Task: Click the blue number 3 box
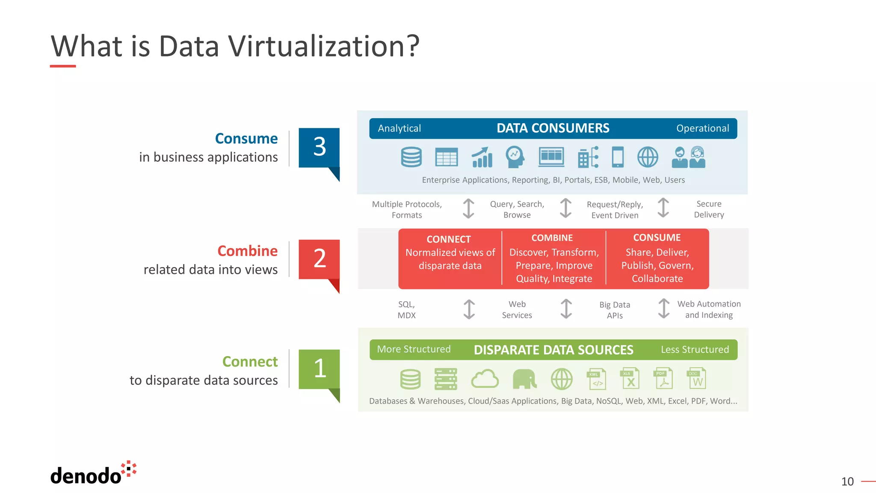(x=319, y=147)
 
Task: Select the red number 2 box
(x=319, y=259)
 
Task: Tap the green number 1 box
(x=319, y=369)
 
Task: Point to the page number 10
(x=847, y=481)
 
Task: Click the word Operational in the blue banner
(x=702, y=128)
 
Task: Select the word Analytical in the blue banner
(x=399, y=128)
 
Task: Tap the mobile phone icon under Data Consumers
(x=618, y=157)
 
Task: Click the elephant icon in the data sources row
(x=524, y=379)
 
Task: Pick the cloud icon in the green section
(x=485, y=379)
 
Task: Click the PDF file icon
(x=663, y=378)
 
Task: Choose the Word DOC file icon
(x=697, y=378)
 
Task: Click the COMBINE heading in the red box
(x=552, y=238)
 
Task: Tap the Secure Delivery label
(x=709, y=209)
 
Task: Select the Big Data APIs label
(x=615, y=310)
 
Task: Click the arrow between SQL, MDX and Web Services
(x=469, y=309)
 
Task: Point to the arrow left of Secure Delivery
(x=663, y=208)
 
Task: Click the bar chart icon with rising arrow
(x=482, y=157)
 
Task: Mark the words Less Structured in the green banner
(x=695, y=350)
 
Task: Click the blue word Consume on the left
(x=246, y=139)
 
